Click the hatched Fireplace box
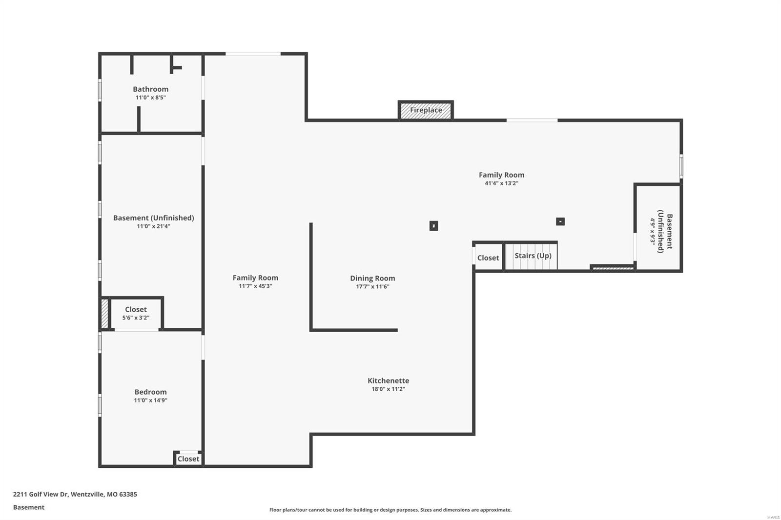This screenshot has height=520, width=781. (426, 110)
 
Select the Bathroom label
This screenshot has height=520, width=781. (150, 89)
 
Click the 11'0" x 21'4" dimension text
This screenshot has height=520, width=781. (153, 226)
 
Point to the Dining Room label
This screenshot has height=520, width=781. (372, 278)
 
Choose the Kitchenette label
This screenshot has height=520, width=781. (388, 380)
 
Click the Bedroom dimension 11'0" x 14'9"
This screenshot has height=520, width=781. (150, 400)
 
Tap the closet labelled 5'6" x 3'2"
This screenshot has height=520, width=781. (136, 313)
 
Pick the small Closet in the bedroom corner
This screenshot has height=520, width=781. (188, 459)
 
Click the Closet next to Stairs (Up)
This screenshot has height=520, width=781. (488, 258)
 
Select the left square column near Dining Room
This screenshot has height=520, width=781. (433, 226)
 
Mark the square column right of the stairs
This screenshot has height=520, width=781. (560, 221)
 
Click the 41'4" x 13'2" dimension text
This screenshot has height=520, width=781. (501, 183)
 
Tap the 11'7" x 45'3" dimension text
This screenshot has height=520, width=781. (255, 286)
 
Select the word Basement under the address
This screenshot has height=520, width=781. (29, 507)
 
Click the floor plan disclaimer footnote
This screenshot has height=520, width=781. (390, 510)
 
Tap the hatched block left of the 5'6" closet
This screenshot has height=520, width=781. (104, 313)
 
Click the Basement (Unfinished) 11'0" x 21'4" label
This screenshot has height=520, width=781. (153, 218)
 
